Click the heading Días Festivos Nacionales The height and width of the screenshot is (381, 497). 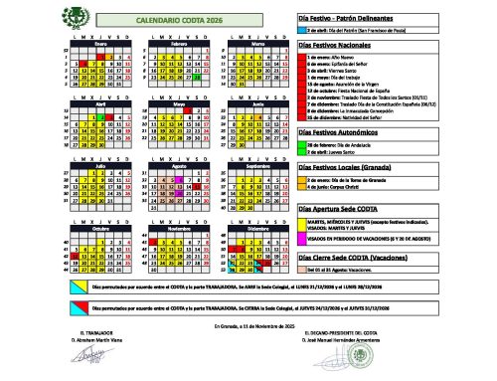click(x=339, y=46)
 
